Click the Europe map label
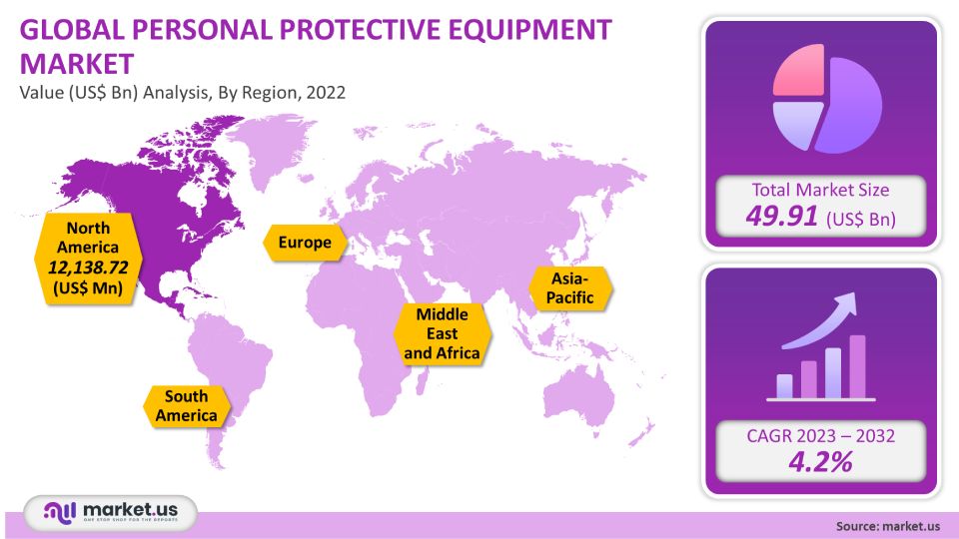point(305,243)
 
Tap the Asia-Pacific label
point(570,288)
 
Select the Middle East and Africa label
point(442,333)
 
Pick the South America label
point(187,406)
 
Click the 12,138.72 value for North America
point(88,268)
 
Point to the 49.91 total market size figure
point(781,216)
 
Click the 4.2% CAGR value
point(820,461)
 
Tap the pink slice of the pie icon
point(799,70)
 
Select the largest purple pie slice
point(850,105)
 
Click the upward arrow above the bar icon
point(819,325)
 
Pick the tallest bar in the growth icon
point(857,366)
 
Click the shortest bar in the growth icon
point(785,386)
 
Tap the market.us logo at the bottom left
point(111,512)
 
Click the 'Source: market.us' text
point(888,526)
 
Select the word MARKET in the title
point(77,64)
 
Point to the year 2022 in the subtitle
point(326,92)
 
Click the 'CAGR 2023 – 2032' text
point(820,436)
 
